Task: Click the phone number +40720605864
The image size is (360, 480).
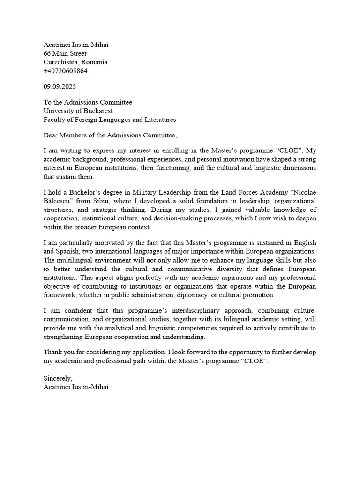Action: click(65, 71)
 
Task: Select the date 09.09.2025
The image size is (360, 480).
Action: click(60, 87)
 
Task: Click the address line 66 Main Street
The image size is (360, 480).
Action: click(65, 53)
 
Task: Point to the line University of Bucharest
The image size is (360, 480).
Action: click(78, 111)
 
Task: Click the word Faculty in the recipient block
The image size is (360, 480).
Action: click(55, 120)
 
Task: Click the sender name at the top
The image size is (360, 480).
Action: click(78, 45)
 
